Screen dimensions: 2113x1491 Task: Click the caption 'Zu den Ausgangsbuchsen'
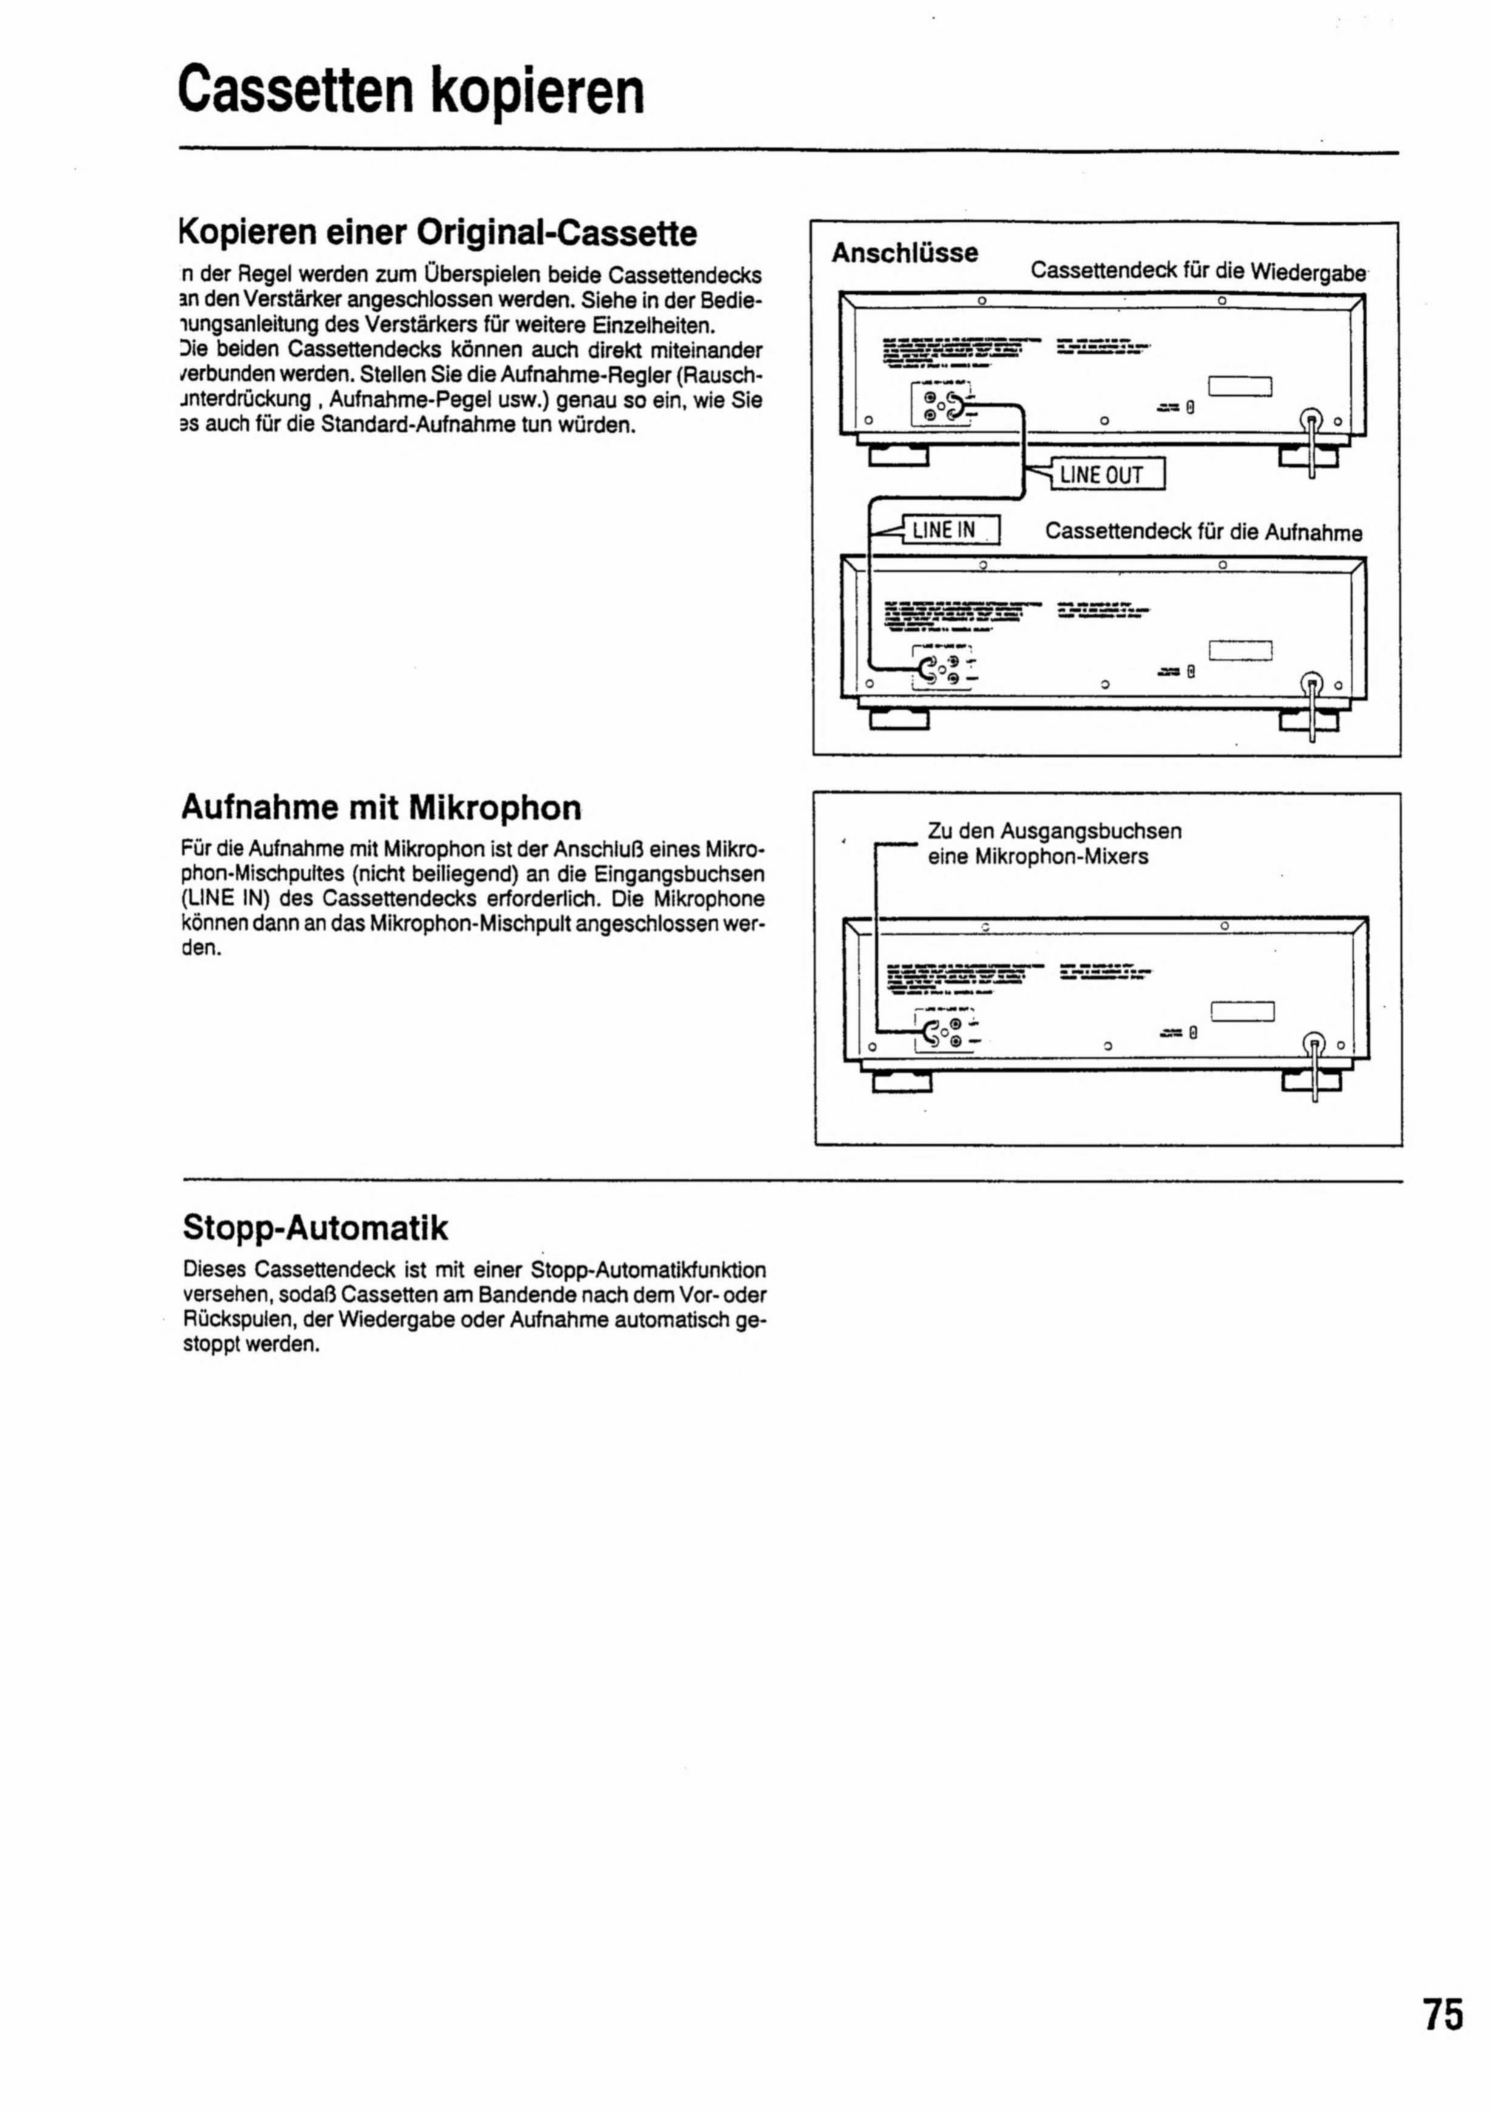coord(1054,831)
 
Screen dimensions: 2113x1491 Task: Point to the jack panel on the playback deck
coord(940,405)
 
